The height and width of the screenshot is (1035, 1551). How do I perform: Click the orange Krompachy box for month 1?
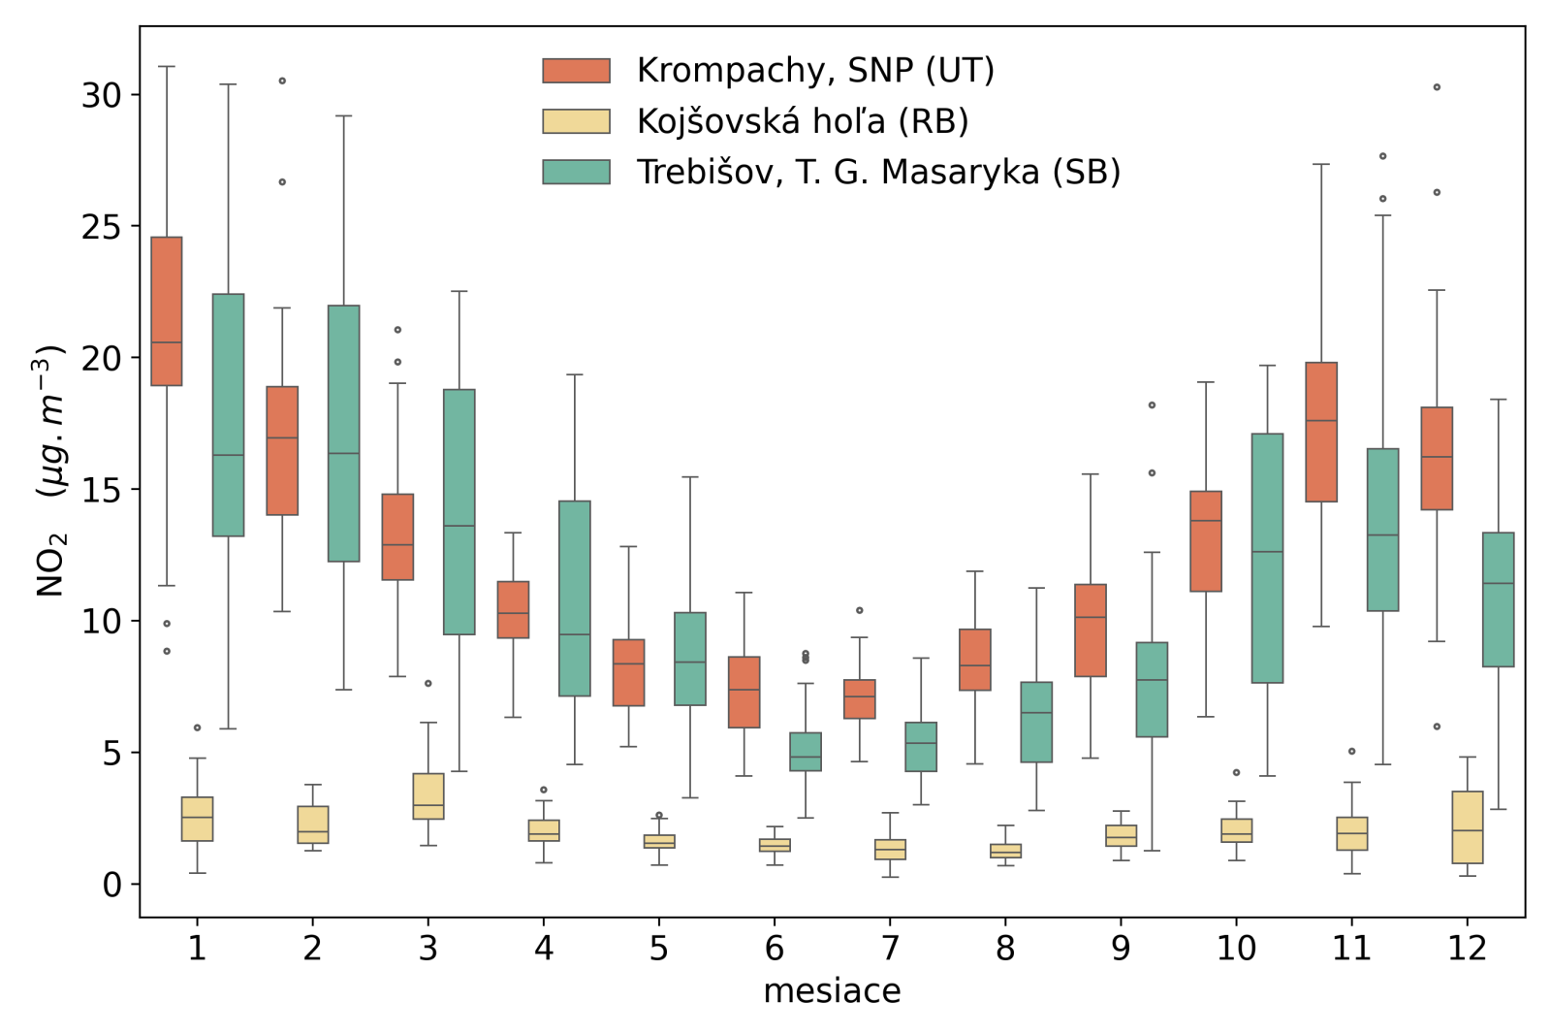167,311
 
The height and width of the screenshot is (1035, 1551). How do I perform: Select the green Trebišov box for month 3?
459,512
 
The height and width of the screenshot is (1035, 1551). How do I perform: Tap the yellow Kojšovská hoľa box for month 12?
1468,827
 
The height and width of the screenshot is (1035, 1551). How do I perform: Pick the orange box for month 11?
1321,433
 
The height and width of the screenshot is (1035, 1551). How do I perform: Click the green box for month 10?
1267,559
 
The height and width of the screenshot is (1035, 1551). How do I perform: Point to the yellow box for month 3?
428,796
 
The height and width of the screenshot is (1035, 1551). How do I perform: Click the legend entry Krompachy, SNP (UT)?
814,71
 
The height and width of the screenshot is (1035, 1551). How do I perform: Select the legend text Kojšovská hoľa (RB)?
802,121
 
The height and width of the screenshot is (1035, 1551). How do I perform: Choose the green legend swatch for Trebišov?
576,172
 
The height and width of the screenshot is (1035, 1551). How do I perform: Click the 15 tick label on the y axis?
101,490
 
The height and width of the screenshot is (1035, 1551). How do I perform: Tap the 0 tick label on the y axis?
112,885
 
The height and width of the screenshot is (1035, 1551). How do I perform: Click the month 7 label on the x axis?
890,948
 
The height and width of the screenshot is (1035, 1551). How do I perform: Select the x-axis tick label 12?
1467,948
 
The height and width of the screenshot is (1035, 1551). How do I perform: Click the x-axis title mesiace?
832,991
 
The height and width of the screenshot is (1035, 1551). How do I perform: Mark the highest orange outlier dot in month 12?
1437,87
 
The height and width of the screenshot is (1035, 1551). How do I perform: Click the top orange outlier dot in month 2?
282,81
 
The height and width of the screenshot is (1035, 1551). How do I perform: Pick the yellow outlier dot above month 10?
1236,772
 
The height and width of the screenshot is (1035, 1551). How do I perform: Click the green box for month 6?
806,752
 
